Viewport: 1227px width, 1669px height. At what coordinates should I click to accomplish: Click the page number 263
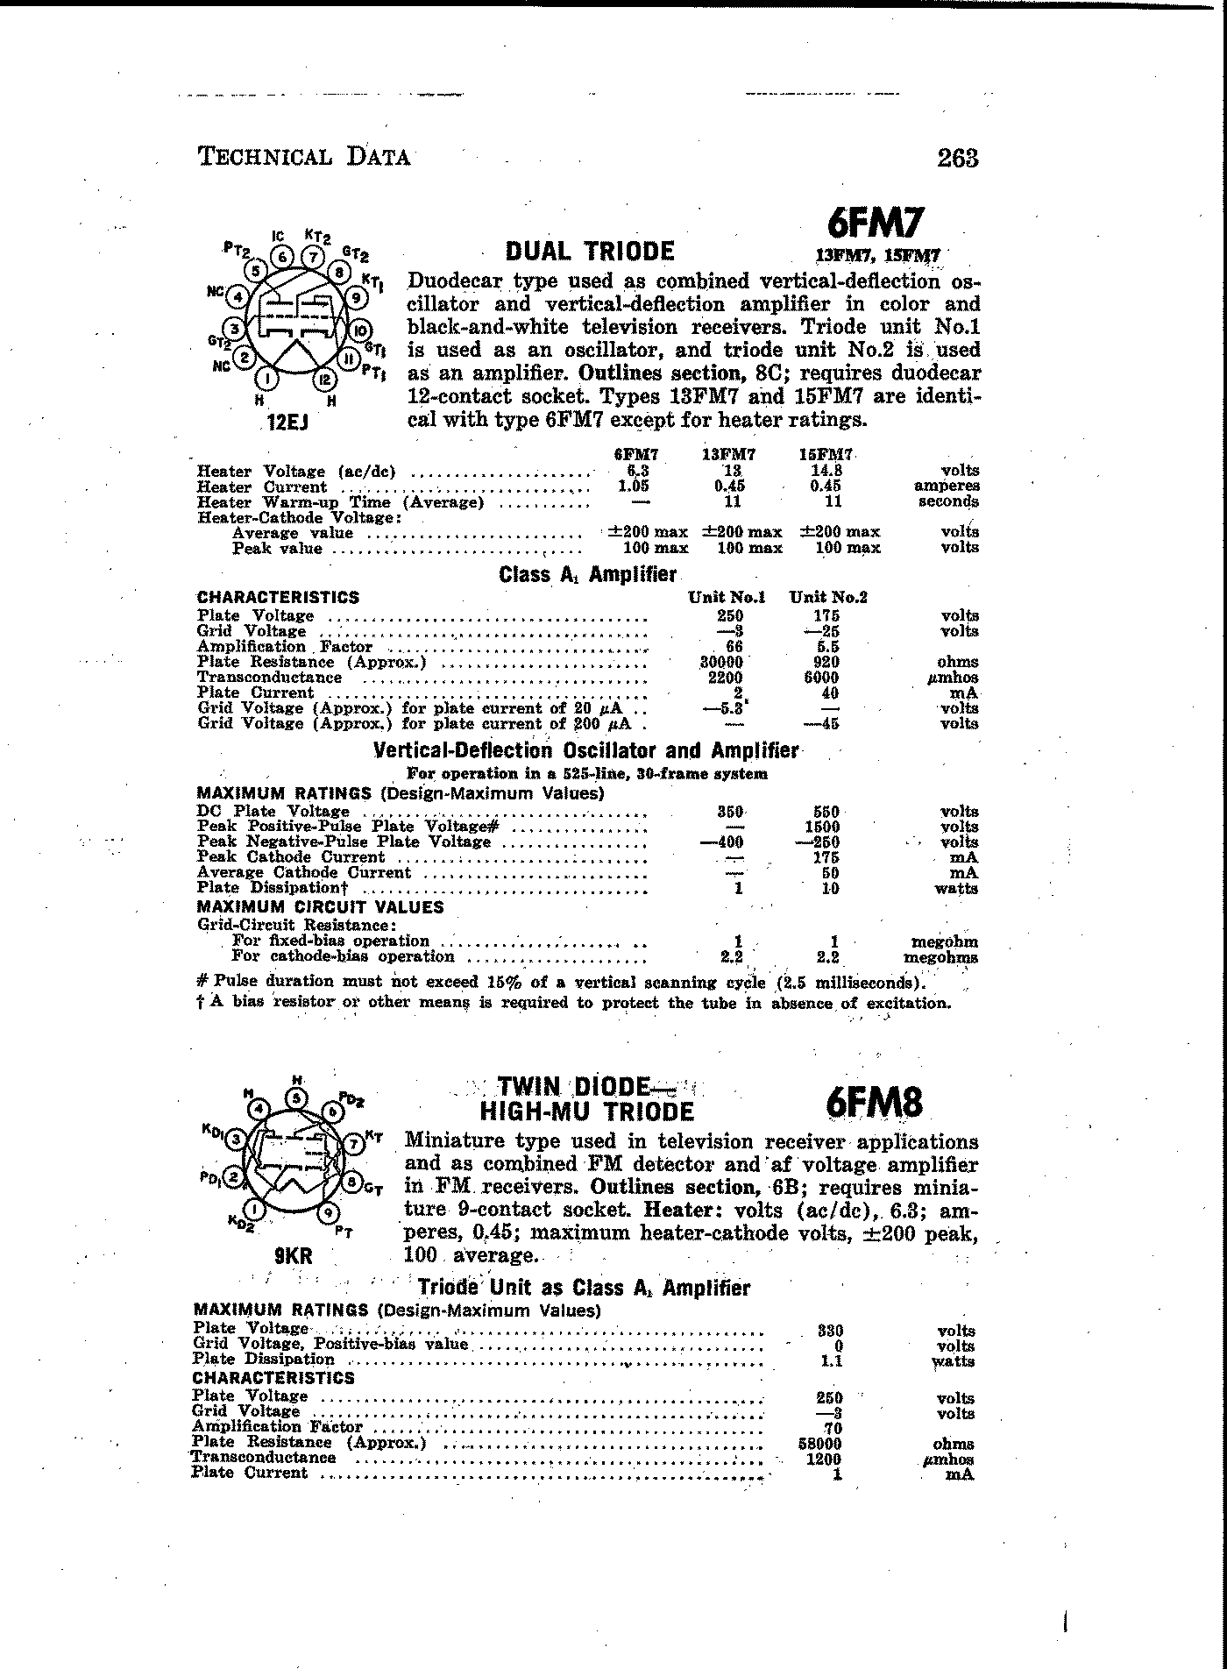pyautogui.click(x=957, y=158)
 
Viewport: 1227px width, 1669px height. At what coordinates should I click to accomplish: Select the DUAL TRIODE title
pyautogui.click(x=590, y=252)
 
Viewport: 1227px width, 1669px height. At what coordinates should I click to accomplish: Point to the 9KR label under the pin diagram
pyautogui.click(x=293, y=1256)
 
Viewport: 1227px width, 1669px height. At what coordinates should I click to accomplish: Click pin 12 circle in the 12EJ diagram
pyautogui.click(x=324, y=380)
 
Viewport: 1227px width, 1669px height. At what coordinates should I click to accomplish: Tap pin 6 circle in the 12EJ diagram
pyautogui.click(x=282, y=257)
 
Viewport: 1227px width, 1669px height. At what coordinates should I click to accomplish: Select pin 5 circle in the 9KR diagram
pyautogui.click(x=297, y=1097)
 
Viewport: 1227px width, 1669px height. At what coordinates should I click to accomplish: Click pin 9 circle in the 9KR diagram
pyautogui.click(x=327, y=1213)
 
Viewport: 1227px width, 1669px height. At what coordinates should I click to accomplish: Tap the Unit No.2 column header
pyautogui.click(x=828, y=597)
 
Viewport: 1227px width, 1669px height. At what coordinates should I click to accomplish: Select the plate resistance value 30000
pyautogui.click(x=724, y=662)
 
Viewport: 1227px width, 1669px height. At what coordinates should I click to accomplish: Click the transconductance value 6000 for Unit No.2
pyautogui.click(x=822, y=677)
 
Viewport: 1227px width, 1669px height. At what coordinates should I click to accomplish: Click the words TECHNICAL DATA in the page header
pyautogui.click(x=303, y=157)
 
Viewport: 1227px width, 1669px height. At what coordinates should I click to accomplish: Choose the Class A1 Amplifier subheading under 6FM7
pyautogui.click(x=587, y=575)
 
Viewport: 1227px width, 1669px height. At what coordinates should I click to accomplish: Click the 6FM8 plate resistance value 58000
pyautogui.click(x=824, y=1444)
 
